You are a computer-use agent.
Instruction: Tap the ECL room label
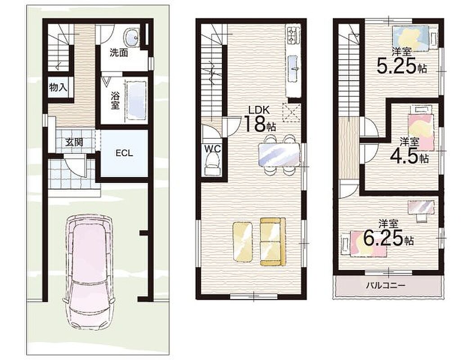click(x=124, y=153)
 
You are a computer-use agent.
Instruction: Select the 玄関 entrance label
click(x=74, y=142)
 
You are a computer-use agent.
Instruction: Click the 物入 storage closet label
click(x=58, y=88)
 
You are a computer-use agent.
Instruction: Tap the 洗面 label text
click(x=118, y=53)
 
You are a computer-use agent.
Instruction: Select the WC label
click(x=213, y=148)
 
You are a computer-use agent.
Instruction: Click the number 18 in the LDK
click(x=255, y=124)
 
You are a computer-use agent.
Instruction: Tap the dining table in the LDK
click(x=279, y=154)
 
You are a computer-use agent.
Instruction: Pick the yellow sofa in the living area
click(x=273, y=242)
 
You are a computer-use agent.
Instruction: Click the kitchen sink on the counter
click(x=294, y=68)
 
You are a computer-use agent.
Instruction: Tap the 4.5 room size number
click(x=405, y=156)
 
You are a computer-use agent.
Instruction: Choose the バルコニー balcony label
click(x=386, y=285)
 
